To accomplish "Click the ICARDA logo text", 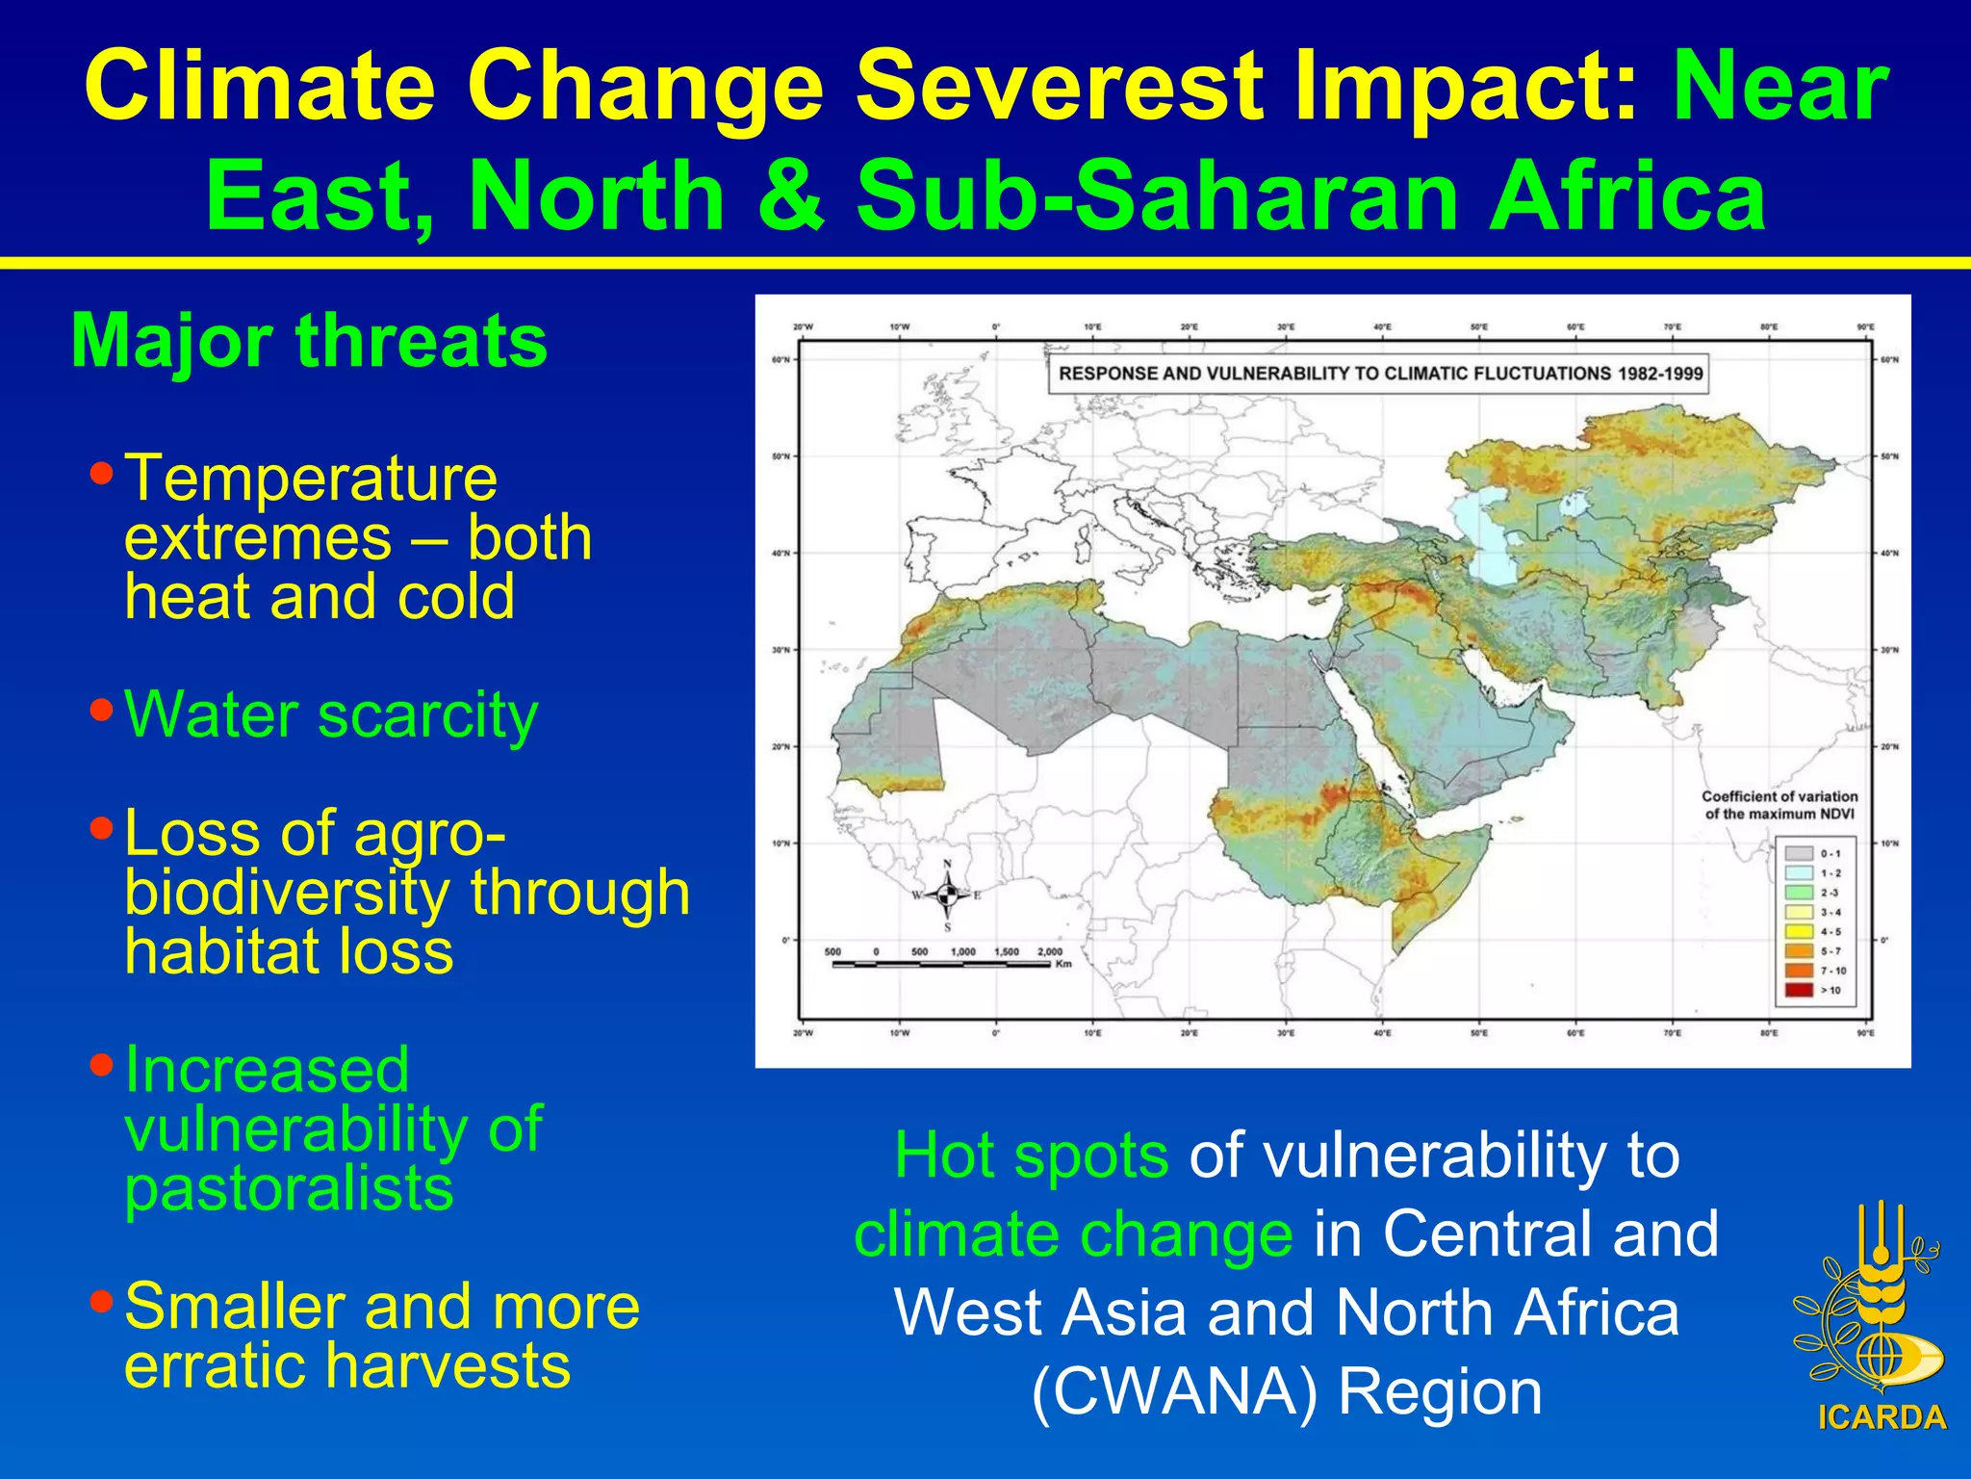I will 1881,1417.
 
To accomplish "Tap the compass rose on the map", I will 947,895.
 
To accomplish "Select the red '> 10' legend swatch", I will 1799,990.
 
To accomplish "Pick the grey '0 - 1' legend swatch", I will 1799,853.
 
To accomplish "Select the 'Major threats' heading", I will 309,341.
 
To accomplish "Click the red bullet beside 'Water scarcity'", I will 101,711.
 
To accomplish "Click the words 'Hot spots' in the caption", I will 1031,1155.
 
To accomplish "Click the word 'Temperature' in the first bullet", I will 311,478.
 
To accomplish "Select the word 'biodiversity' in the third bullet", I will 286,893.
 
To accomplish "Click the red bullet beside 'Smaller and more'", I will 101,1302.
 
